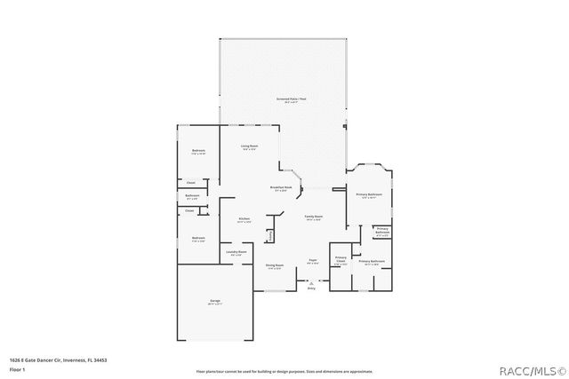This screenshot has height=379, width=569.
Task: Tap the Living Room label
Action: (x=249, y=146)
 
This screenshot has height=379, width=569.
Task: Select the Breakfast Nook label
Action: (x=281, y=187)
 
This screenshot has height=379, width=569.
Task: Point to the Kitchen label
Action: (x=244, y=219)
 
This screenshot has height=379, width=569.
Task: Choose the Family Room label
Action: (x=313, y=217)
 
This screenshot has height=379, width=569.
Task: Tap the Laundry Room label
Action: (x=236, y=253)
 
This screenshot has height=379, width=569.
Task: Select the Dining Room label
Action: (x=274, y=265)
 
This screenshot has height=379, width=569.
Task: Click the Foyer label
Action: (x=312, y=260)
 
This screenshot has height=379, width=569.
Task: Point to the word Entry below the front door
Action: (x=311, y=288)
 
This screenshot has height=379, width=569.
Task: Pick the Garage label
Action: (x=215, y=302)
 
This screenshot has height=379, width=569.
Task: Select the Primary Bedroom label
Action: (x=369, y=194)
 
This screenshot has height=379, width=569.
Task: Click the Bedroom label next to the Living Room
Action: (x=199, y=151)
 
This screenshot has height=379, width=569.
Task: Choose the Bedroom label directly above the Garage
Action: (x=198, y=238)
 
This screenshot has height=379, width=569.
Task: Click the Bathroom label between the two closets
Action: (x=192, y=196)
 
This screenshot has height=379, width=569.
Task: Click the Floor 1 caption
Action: (x=17, y=368)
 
